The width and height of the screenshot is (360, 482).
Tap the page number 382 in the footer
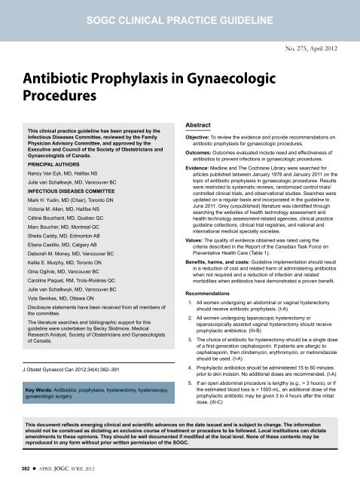click(14, 467)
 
